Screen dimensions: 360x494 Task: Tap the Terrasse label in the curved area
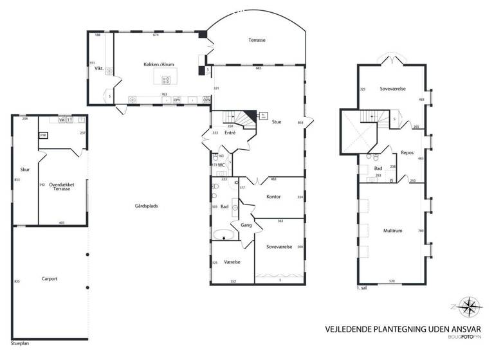257,40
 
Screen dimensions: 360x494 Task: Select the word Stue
277,122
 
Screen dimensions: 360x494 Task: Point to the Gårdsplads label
147,206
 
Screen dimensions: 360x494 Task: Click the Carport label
50,278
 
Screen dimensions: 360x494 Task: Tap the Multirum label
392,230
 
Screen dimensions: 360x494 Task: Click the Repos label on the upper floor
407,153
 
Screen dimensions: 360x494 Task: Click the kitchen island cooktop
166,80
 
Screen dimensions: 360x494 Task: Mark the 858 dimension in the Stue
300,122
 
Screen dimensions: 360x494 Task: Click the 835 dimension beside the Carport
17,282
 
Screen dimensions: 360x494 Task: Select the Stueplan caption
21,343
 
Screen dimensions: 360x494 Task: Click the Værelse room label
233,262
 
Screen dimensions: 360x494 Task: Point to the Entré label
230,132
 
